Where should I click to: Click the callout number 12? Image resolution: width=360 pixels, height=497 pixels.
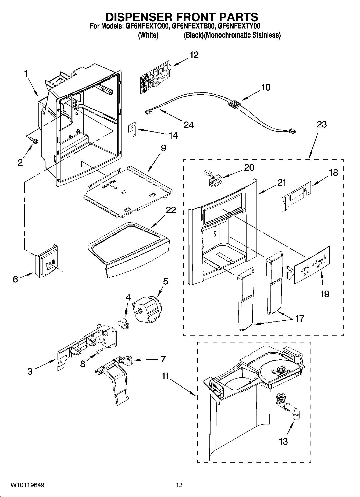(194, 55)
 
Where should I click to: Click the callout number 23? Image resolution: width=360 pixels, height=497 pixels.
(322, 124)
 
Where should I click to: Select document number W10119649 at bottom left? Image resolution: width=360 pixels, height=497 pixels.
(27, 485)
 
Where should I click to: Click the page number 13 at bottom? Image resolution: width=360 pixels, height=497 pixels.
(179, 485)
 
